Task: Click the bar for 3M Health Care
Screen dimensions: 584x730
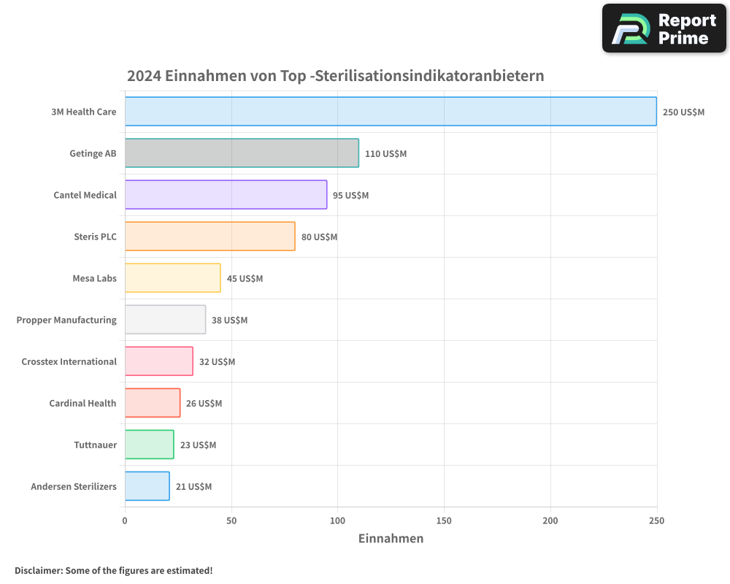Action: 391,112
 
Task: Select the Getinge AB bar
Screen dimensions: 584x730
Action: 242,153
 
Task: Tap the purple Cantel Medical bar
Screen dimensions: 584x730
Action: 226,195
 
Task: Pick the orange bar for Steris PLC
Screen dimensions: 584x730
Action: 210,237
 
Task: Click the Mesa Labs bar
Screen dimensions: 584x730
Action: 172,278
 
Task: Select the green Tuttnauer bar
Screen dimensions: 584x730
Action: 149,445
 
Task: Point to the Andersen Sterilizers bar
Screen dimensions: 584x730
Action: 147,486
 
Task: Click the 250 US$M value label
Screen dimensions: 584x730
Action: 683,112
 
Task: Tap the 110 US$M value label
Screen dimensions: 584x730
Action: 385,154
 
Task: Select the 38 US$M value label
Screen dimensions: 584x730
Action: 229,320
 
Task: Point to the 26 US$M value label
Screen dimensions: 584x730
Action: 204,404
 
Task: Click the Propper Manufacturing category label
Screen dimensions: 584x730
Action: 66,320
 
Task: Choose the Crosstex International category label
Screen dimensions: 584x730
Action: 69,361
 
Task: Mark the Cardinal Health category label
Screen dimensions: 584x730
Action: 82,403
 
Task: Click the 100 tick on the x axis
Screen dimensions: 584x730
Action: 337,520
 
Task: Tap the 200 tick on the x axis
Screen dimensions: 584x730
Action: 550,520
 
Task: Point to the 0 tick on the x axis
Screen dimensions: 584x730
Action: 125,520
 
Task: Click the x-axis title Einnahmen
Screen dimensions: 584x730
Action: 391,539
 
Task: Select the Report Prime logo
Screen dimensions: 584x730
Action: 664,28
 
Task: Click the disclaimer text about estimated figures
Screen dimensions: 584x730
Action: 113,570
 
